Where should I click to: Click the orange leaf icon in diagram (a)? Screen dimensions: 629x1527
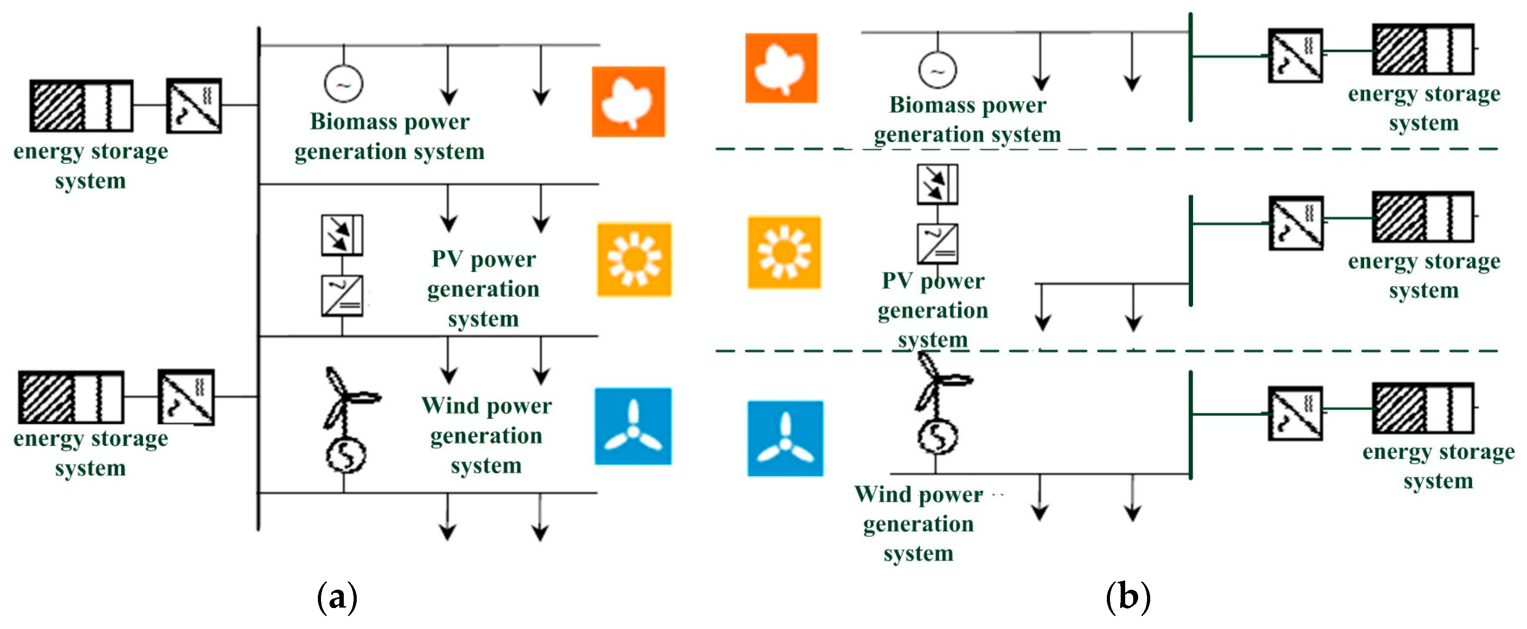tap(628, 101)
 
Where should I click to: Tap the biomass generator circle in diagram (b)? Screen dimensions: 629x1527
tap(937, 70)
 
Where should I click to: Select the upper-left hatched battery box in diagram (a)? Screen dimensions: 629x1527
tap(81, 105)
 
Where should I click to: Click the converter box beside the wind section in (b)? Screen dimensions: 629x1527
tap(1295, 413)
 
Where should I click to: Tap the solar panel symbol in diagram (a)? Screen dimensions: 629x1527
tap(342, 235)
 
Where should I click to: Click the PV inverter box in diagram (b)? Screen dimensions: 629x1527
tap(937, 243)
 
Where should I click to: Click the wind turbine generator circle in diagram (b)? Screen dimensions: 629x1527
tap(937, 437)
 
